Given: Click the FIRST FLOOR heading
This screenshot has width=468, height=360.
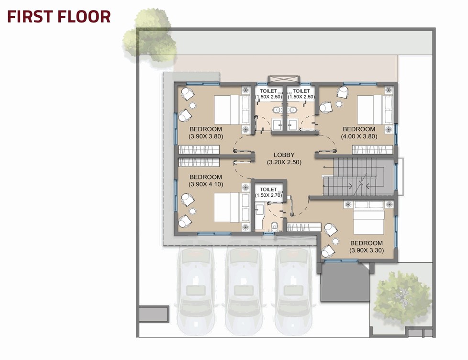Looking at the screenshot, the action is point(59,17).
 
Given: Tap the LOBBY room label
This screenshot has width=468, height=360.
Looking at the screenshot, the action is point(284,155).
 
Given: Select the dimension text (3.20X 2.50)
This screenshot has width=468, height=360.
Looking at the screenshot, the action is point(284,162).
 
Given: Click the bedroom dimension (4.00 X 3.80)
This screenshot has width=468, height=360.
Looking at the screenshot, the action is point(359,136).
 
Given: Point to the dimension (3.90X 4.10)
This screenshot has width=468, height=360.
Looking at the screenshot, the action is point(206,184).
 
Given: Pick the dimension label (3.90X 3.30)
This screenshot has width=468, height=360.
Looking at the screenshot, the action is point(367,250).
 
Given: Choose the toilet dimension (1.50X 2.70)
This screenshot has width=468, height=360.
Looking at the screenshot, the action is point(268,195).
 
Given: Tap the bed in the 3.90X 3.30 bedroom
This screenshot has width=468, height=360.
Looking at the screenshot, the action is point(368,217).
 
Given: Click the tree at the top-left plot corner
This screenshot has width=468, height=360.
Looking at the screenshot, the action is point(150,36).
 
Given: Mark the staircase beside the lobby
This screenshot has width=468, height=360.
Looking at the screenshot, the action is point(358,177).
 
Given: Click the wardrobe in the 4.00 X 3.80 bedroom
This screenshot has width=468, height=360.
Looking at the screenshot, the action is point(372,149).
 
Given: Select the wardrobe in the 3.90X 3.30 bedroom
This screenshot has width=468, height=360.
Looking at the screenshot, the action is point(304,227).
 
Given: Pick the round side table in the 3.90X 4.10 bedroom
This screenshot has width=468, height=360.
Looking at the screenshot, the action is point(192,211).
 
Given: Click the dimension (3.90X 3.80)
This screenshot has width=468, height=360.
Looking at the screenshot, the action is point(206,136).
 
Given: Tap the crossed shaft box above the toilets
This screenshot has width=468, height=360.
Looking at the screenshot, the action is point(284,79).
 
